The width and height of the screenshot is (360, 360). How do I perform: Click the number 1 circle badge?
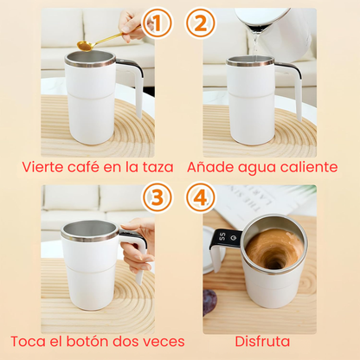(156, 24)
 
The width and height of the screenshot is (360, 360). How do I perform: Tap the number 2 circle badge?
(202, 24)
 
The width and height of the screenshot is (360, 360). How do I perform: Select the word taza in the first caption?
(156, 165)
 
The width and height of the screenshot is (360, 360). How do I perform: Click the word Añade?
(212, 165)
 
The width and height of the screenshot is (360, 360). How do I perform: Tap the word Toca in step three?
(29, 341)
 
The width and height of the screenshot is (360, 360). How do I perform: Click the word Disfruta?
(260, 341)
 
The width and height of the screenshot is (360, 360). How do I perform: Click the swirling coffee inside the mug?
(273, 249)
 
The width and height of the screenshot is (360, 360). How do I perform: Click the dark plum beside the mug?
(210, 301)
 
